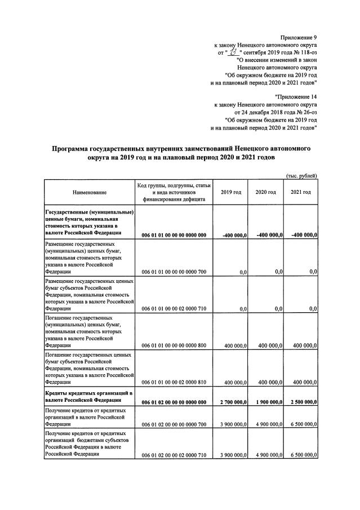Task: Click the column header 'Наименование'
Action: [89, 193]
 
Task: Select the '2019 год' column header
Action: [231, 193]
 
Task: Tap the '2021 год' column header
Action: [301, 193]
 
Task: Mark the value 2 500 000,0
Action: [301, 401]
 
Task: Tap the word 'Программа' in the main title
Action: [74, 148]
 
